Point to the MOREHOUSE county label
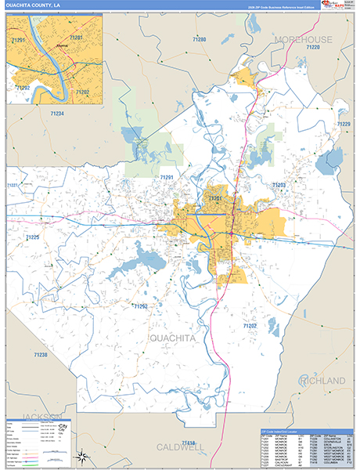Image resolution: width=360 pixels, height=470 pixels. (304, 38)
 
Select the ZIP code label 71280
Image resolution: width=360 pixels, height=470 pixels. (200, 39)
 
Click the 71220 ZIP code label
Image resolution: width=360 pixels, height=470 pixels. (314, 48)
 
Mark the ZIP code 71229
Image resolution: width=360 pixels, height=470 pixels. (343, 125)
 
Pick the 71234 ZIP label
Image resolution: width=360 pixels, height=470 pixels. (57, 114)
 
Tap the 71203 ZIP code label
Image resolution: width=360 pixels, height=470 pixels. (279, 185)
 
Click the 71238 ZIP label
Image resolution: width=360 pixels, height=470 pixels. (40, 355)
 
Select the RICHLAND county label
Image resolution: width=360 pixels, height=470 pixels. (321, 381)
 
